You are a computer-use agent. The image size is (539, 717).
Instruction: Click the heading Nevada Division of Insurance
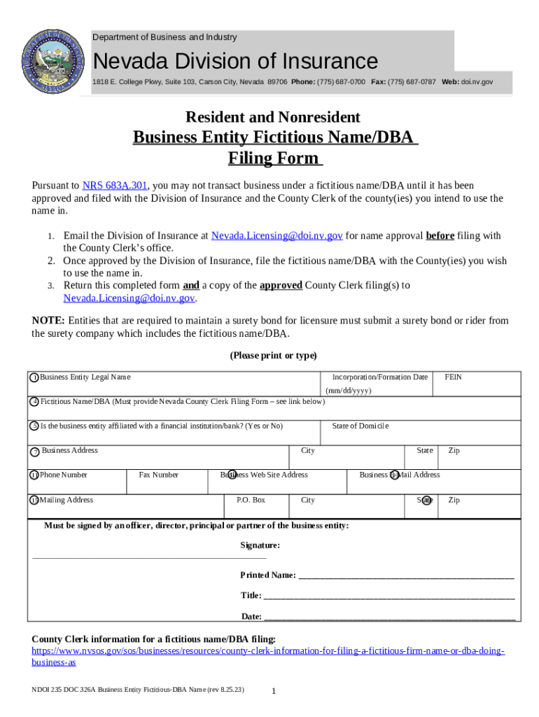[x=235, y=61]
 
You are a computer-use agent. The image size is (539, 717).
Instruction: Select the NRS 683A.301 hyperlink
[x=114, y=186]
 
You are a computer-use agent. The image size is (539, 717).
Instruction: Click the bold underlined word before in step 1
[x=440, y=236]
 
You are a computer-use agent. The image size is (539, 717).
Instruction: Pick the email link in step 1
[x=276, y=236]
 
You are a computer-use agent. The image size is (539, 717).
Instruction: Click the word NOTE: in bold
[x=48, y=321]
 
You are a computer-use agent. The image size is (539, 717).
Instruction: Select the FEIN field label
[x=453, y=377]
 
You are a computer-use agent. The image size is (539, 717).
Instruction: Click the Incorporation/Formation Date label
[x=379, y=377]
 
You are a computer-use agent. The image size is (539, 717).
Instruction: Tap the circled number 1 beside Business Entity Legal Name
[x=34, y=378]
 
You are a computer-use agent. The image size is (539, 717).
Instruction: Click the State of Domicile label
[x=360, y=426]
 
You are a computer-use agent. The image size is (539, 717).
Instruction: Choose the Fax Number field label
[x=158, y=475]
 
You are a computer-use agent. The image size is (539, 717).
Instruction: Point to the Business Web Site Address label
[x=264, y=475]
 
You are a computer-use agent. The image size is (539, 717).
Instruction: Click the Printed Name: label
[x=267, y=575]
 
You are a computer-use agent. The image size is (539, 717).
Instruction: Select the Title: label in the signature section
[x=251, y=595]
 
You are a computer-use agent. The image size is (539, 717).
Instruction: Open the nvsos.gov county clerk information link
[x=268, y=651]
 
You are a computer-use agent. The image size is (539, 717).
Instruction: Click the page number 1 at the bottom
[x=274, y=692]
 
